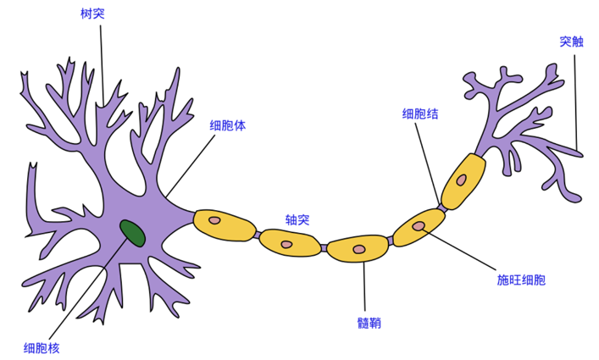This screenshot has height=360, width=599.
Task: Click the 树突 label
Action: pyautogui.click(x=92, y=14)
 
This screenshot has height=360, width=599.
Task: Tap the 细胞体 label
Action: pyautogui.click(x=228, y=125)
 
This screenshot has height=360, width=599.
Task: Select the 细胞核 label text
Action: pyautogui.click(x=42, y=348)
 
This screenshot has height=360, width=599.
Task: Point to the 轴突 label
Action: pyautogui.click(x=297, y=219)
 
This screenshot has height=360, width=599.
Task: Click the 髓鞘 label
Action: pyautogui.click(x=369, y=323)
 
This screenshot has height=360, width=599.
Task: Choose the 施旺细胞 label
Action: pyautogui.click(x=521, y=280)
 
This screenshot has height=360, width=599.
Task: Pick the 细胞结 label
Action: pyautogui.click(x=420, y=114)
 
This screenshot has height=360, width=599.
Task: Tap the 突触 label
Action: pyautogui.click(x=572, y=42)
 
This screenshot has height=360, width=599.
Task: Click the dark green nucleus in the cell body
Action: pyautogui.click(x=132, y=233)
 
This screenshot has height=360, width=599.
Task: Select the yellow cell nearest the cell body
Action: pyautogui.click(x=225, y=225)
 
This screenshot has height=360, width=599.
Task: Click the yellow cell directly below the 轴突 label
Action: pyautogui.click(x=290, y=243)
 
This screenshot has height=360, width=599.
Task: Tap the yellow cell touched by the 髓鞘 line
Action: pyautogui.click(x=358, y=248)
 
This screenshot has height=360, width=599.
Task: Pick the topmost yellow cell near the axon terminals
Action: pyautogui.click(x=463, y=182)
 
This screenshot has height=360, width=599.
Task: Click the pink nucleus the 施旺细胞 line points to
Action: pyautogui.click(x=419, y=226)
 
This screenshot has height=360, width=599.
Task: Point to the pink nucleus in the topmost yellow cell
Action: pyautogui.click(x=462, y=180)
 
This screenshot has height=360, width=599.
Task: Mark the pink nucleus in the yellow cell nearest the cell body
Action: pyautogui.click(x=214, y=220)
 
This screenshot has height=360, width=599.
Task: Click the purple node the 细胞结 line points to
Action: pyautogui.click(x=442, y=208)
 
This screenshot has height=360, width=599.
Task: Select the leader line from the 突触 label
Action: pyautogui.click(x=575, y=102)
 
